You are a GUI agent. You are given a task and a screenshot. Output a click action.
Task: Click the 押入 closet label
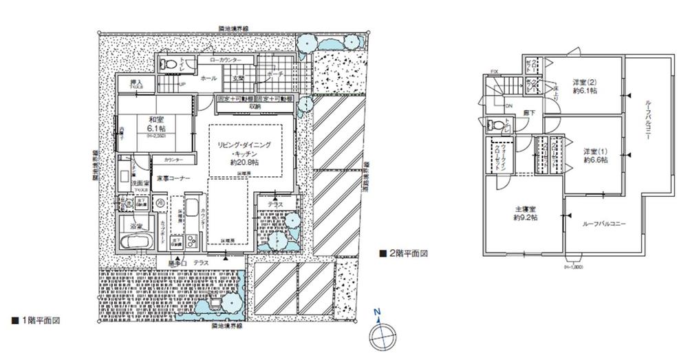pyautogui.click(x=136, y=83)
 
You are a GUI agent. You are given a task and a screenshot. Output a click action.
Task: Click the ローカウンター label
pyautogui.click(x=221, y=61)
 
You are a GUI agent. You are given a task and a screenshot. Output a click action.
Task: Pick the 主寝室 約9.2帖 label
pyautogui.click(x=525, y=213)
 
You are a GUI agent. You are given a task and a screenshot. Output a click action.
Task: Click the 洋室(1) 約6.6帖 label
pyautogui.click(x=594, y=154)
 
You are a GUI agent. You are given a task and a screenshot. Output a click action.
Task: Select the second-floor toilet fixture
pyautogui.click(x=493, y=126)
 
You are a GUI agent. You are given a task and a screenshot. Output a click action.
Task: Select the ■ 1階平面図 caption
pyautogui.click(x=37, y=321)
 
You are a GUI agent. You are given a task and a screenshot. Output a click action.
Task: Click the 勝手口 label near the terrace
pyautogui.click(x=178, y=263)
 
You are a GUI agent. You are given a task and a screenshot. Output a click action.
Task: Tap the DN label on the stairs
pyautogui.click(x=509, y=106)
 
